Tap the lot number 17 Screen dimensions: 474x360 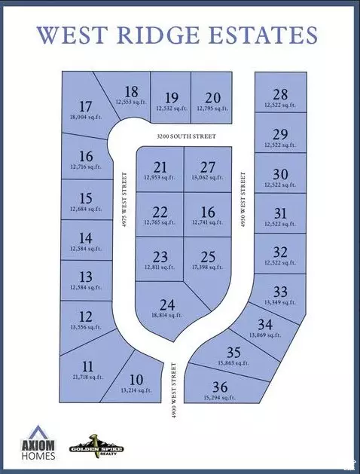(x=85, y=106)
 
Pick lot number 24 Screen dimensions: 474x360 (x=168, y=305)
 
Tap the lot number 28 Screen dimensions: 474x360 (x=280, y=94)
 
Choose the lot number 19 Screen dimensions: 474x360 (x=171, y=97)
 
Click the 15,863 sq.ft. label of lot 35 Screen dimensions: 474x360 (x=233, y=362)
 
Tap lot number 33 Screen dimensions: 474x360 (x=280, y=292)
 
